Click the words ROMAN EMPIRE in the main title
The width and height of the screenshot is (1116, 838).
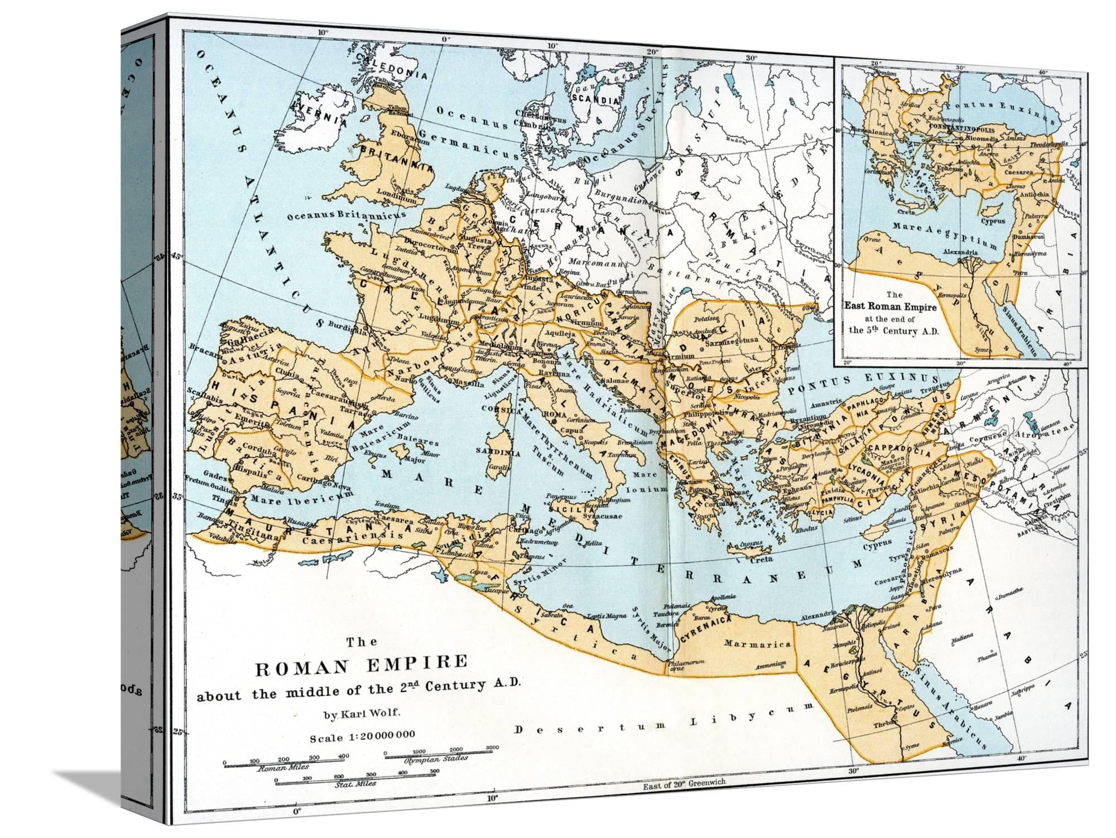point(360,664)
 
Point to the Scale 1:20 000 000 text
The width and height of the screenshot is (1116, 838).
point(362,735)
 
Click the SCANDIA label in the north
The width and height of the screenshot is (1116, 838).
point(596,100)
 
